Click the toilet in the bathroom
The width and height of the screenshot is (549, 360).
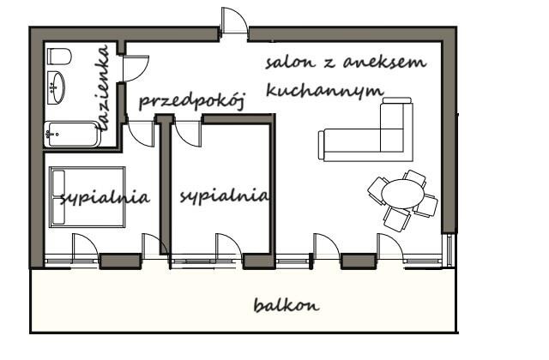click(x=59, y=57)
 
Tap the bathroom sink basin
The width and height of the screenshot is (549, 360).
click(x=56, y=87)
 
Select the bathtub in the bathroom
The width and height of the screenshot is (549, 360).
click(x=73, y=135)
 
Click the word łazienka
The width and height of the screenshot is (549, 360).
click(x=104, y=88)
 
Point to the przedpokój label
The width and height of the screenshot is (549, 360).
click(x=191, y=101)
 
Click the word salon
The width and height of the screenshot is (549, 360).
click(x=290, y=63)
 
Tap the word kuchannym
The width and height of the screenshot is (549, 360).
click(x=324, y=90)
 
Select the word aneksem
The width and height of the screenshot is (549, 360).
click(x=384, y=62)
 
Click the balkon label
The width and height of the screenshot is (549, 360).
click(x=287, y=305)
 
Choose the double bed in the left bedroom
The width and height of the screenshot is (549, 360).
click(x=87, y=197)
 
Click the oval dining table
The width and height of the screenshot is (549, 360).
click(x=402, y=194)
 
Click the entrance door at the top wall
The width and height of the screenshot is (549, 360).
click(x=234, y=21)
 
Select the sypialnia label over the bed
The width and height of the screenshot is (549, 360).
click(x=105, y=198)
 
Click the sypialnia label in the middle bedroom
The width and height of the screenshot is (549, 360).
click(x=225, y=196)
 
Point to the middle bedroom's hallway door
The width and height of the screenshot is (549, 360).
click(x=188, y=134)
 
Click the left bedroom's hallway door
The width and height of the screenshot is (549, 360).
click(x=141, y=134)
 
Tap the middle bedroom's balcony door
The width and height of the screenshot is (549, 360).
click(x=229, y=248)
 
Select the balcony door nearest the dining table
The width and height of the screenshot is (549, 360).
click(x=390, y=248)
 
